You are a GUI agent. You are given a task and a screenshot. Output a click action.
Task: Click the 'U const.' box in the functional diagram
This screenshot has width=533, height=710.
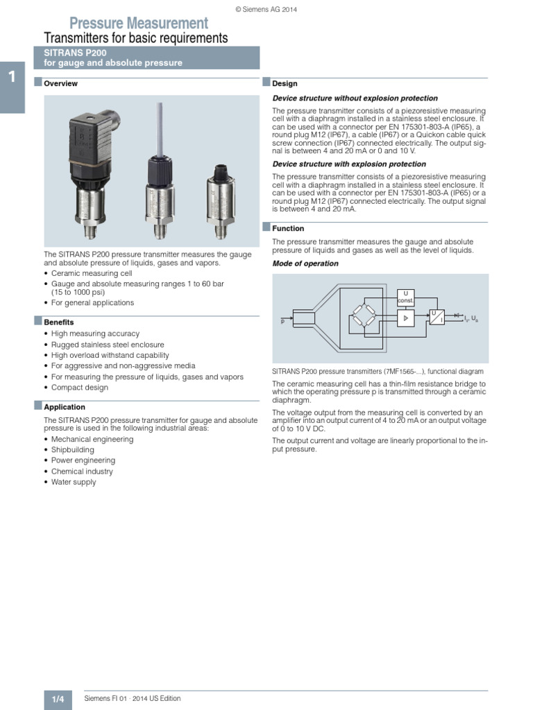405,297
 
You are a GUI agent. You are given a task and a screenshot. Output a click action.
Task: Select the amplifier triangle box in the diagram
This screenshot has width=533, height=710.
405,317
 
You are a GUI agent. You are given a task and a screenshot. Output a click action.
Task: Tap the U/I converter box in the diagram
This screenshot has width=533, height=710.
437,317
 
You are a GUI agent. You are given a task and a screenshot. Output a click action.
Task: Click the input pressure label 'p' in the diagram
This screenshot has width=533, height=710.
282,321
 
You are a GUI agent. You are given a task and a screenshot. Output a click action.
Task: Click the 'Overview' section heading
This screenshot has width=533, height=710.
60,84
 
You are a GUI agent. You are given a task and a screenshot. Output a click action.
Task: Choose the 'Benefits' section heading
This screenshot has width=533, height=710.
58,322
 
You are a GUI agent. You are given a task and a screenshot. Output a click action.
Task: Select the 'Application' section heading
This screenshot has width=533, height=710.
64,407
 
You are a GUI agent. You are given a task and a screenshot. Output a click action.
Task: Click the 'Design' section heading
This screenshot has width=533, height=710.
285,84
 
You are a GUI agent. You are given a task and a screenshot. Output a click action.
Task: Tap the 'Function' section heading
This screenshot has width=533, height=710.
288,228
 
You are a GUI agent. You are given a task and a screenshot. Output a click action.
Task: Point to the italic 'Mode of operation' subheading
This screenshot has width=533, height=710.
305,263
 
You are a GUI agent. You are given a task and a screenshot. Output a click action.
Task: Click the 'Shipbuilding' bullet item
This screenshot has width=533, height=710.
73,450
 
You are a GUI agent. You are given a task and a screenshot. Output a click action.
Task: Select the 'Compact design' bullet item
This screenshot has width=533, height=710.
80,388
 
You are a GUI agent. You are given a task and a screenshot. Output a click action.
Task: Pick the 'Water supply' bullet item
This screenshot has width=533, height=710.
74,482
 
